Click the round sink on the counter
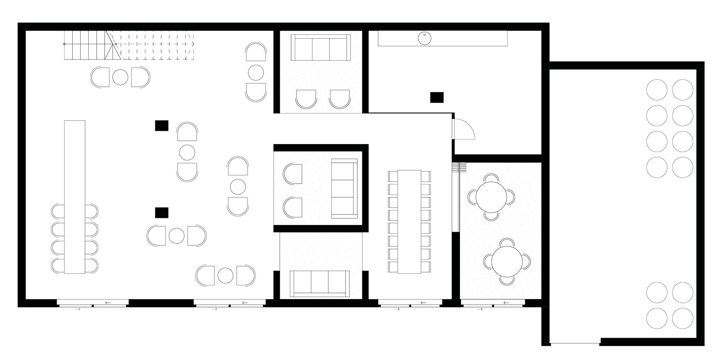(x=424, y=39)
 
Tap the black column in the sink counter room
(x=437, y=97)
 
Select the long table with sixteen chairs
(x=409, y=221)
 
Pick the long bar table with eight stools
(x=75, y=197)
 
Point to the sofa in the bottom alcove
(x=321, y=283)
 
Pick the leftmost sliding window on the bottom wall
(x=93, y=303)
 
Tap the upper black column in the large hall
(x=162, y=125)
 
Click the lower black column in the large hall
(x=162, y=213)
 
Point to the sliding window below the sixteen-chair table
(x=410, y=303)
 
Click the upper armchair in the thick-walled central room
(x=293, y=174)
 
